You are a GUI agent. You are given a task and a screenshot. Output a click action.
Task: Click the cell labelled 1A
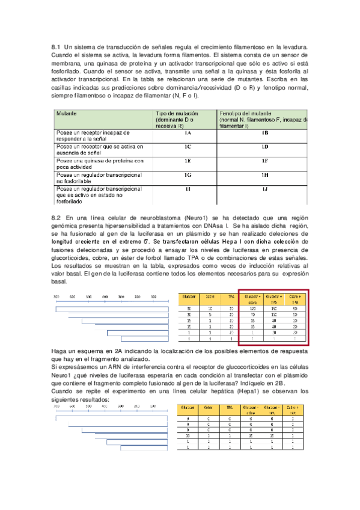[188, 133]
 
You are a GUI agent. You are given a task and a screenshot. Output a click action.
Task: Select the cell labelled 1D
[264, 147]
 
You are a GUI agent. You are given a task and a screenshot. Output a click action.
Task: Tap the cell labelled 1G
[188, 175]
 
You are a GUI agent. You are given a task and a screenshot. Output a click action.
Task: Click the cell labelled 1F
[264, 161]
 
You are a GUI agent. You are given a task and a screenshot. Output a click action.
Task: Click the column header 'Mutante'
[66, 112]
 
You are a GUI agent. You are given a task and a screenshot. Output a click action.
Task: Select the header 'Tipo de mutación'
[178, 112]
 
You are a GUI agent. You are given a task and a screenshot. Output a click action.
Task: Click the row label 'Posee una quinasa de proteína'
[100, 161]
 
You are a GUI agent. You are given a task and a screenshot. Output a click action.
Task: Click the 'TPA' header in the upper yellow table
[231, 296]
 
